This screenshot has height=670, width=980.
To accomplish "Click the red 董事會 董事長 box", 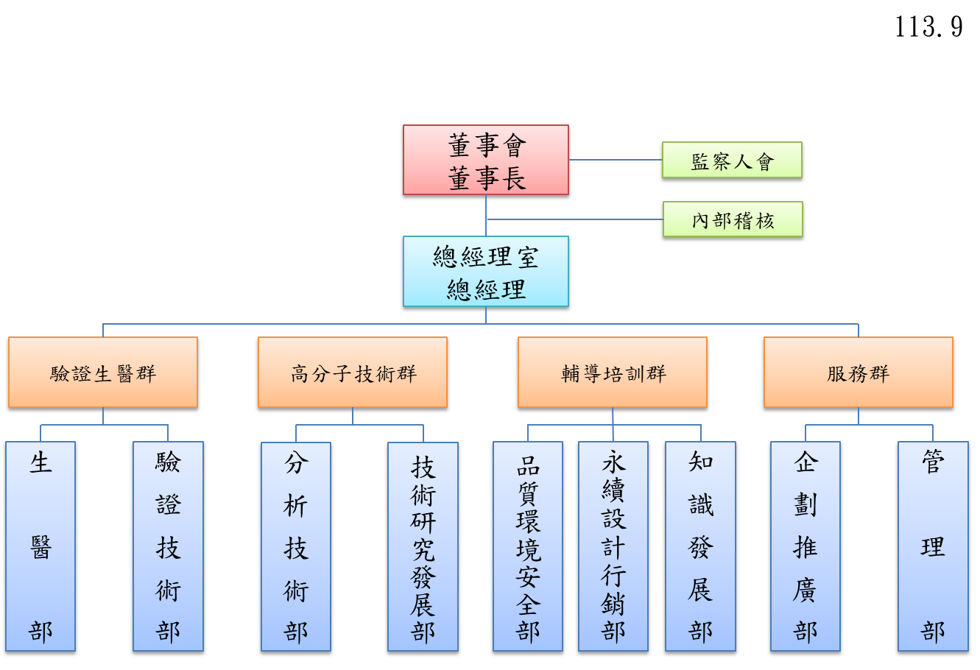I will (x=486, y=160).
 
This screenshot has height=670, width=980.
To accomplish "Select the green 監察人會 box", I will (x=732, y=160).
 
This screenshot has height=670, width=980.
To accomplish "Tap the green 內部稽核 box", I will (x=733, y=219).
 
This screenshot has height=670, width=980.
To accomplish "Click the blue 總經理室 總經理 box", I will (x=486, y=271).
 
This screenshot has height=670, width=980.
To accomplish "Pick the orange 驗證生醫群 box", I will (x=103, y=373).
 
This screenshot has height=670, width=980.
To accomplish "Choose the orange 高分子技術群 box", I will (x=353, y=373).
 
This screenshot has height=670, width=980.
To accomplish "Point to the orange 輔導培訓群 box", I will (x=613, y=373).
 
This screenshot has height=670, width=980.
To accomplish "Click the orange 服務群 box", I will (x=859, y=373).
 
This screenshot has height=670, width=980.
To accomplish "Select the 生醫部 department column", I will (x=40, y=546).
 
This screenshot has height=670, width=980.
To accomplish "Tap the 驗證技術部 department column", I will (x=168, y=546).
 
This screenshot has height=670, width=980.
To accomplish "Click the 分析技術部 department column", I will (x=296, y=546).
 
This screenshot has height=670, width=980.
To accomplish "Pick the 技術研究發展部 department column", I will (x=423, y=546).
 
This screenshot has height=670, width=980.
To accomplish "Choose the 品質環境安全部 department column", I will (x=528, y=546).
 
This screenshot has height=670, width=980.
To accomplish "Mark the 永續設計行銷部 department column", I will (x=613, y=546).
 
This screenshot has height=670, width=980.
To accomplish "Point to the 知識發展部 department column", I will (x=700, y=546).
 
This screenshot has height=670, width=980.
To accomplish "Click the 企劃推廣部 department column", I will (x=805, y=546).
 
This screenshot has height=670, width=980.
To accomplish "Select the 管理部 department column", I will (x=933, y=546).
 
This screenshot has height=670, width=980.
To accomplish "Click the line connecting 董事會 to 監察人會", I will (x=616, y=160).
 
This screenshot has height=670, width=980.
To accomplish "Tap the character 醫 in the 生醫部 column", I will (x=40, y=547).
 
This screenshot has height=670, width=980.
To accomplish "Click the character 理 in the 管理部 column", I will (x=933, y=547).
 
